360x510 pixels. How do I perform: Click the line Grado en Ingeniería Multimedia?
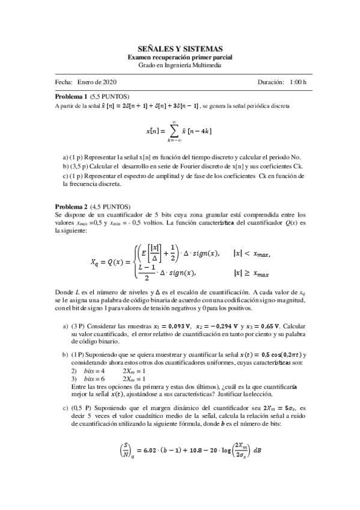(x=180, y=65)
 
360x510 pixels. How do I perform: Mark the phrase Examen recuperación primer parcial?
(x=180, y=57)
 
